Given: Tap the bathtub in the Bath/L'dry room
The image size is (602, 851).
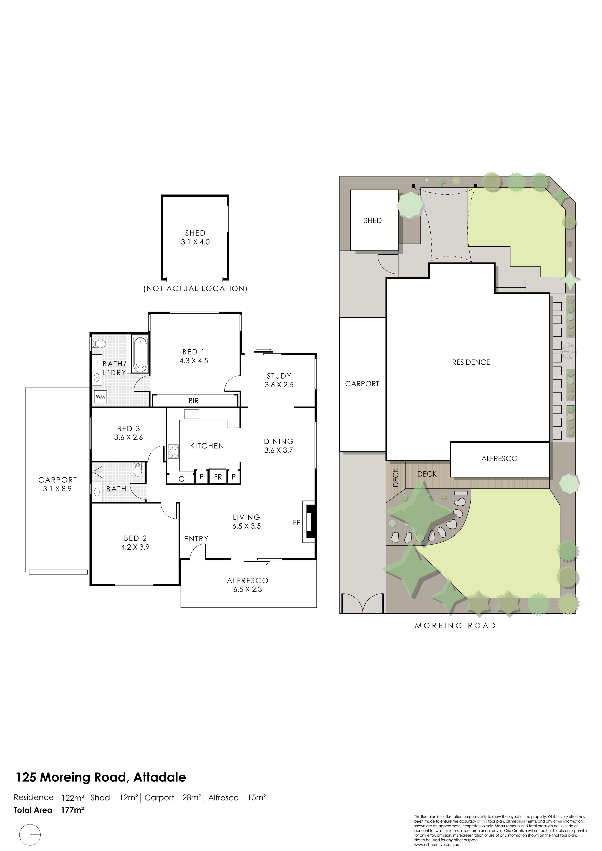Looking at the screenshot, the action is point(140,354).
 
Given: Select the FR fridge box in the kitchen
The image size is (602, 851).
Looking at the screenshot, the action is point(218,477).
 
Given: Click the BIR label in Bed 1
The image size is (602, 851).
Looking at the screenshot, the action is point(194,401).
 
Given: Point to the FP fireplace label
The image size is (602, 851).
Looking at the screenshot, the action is point(297,523).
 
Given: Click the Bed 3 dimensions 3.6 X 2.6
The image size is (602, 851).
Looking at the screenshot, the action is point(128,437).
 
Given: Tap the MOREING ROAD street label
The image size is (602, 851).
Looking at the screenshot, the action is point(455,626).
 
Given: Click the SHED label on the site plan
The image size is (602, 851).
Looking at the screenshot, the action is point(373,220).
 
